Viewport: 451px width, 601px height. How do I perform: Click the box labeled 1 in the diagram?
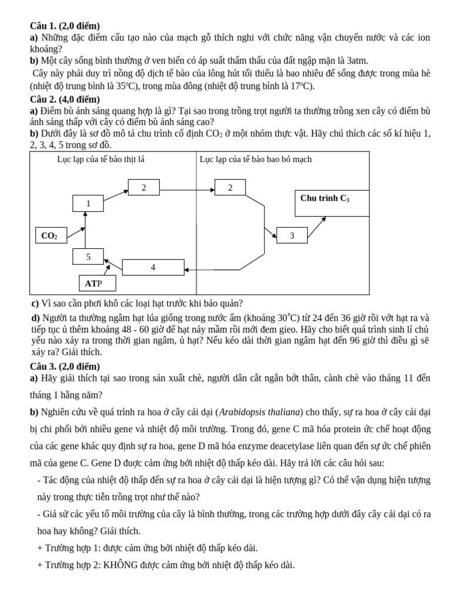[88, 203]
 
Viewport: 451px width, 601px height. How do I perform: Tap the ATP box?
[97, 283]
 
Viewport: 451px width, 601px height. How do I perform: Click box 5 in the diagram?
[88, 256]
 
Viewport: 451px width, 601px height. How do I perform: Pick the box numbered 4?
[153, 267]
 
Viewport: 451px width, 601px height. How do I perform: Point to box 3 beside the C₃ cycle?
[291, 235]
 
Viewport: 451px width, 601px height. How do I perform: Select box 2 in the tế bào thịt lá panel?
[144, 187]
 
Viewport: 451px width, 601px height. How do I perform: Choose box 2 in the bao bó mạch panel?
[230, 187]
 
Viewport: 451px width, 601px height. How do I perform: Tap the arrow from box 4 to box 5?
[113, 263]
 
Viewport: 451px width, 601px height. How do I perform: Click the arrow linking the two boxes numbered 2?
[187, 189]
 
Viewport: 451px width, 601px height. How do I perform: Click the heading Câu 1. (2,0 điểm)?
[65, 26]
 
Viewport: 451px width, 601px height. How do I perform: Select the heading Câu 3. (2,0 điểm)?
[65, 366]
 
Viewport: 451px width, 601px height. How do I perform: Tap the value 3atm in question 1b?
[358, 60]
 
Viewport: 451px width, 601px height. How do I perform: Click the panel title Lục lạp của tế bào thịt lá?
[100, 159]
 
